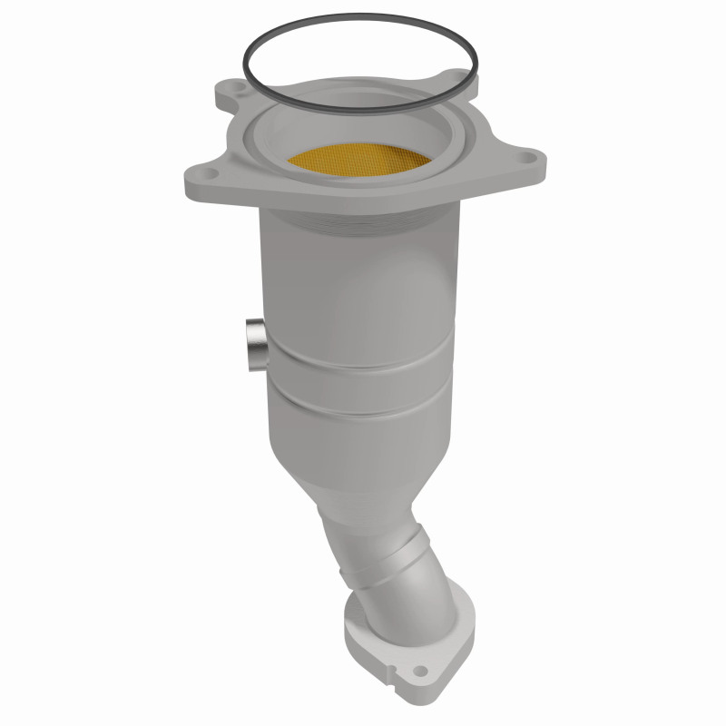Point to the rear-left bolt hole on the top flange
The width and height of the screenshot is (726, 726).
[x=235, y=90]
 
